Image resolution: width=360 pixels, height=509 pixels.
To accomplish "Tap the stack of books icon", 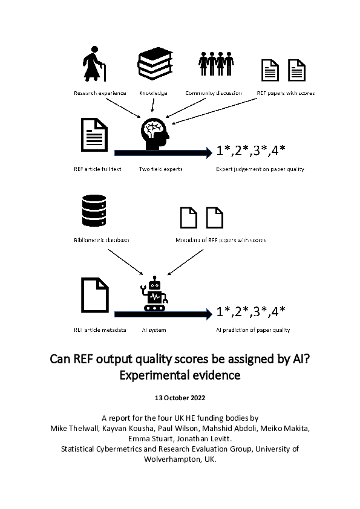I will pos(154,65).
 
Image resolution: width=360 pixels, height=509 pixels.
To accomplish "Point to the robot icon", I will pos(155,295).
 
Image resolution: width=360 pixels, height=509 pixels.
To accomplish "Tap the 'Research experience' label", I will pos(100,93).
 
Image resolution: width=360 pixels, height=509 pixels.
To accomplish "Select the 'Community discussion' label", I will pos(214,93).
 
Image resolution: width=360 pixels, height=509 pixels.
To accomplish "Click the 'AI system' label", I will pos(154,330).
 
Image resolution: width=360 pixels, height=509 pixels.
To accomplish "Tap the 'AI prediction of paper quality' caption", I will pos(253,330).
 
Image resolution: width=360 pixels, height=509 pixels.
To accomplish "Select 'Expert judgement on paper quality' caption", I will pos(260,169).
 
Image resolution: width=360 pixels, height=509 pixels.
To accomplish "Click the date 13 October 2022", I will pos(180,398).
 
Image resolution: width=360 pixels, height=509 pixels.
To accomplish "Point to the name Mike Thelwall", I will pos(73,429).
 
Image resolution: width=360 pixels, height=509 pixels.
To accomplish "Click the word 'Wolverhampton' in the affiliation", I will pos(175,459).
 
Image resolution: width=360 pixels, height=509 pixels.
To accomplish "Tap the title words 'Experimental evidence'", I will pos(180,375).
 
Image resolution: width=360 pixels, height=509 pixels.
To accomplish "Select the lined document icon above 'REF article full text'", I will pos(94,136).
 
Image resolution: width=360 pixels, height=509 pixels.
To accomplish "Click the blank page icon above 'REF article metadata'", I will pos(94,296).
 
